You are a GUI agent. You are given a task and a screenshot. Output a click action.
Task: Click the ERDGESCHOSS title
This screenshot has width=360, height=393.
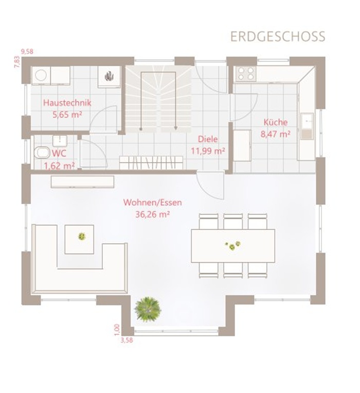point(278,37)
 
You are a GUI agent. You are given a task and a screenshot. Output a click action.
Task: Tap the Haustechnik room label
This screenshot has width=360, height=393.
point(67,103)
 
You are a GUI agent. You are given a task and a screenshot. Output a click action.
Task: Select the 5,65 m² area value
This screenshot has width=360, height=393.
point(67,115)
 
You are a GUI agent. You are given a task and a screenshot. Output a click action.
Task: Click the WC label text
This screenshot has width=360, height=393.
point(59,153)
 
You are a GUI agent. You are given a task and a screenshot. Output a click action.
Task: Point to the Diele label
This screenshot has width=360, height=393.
point(208,139)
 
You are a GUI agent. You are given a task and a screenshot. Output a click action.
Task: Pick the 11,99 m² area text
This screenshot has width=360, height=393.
point(208,151)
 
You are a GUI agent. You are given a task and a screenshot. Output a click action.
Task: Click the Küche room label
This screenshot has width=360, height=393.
point(276,122)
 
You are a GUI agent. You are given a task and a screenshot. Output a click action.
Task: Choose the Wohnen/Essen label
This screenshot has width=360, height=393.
point(153,203)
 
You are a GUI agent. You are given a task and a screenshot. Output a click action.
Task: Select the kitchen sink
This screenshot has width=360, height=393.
point(307,126)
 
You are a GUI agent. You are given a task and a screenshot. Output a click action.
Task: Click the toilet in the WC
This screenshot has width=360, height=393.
point(42,153)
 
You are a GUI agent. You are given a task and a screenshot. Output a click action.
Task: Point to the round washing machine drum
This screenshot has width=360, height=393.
point(41,75)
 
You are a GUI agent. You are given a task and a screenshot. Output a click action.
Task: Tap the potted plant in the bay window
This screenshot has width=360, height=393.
point(148,309)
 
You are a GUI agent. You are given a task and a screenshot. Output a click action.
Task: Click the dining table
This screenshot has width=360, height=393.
point(233,246)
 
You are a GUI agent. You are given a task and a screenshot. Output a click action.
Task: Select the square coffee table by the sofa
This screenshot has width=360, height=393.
point(79,239)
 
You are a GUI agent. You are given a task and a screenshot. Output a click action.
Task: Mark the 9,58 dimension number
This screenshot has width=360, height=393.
point(27,52)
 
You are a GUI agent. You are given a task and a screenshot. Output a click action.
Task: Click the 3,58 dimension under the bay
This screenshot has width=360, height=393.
point(127,341)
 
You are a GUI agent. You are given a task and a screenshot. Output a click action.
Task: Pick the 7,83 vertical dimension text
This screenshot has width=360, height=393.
point(17,62)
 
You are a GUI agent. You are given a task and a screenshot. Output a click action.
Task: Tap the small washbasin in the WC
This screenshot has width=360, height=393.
point(60,141)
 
